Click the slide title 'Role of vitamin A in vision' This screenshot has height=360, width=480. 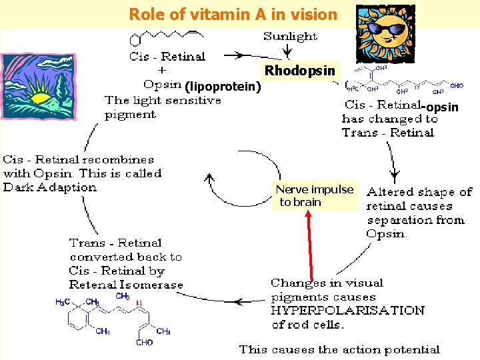click(233, 14)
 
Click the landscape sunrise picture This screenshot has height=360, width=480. click(41, 87)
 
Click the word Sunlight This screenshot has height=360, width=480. click(290, 36)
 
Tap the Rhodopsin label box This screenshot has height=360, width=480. click(299, 71)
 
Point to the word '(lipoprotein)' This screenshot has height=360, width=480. click(223, 86)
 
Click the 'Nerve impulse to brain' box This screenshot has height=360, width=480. click(315, 195)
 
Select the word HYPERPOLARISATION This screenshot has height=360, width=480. click(347, 311)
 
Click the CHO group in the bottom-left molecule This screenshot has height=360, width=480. click(144, 343)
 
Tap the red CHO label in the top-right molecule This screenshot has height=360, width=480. click(457, 86)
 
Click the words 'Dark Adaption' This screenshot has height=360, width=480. click(50, 187)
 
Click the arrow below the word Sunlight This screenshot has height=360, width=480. click(287, 51)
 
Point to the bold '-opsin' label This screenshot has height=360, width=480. click(441, 107)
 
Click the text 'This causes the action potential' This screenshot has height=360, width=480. click(339, 349)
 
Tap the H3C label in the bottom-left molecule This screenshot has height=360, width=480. click(63, 302)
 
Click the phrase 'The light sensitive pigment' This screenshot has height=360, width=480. click(163, 107)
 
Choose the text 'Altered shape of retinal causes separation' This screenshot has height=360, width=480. click(419, 206)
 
